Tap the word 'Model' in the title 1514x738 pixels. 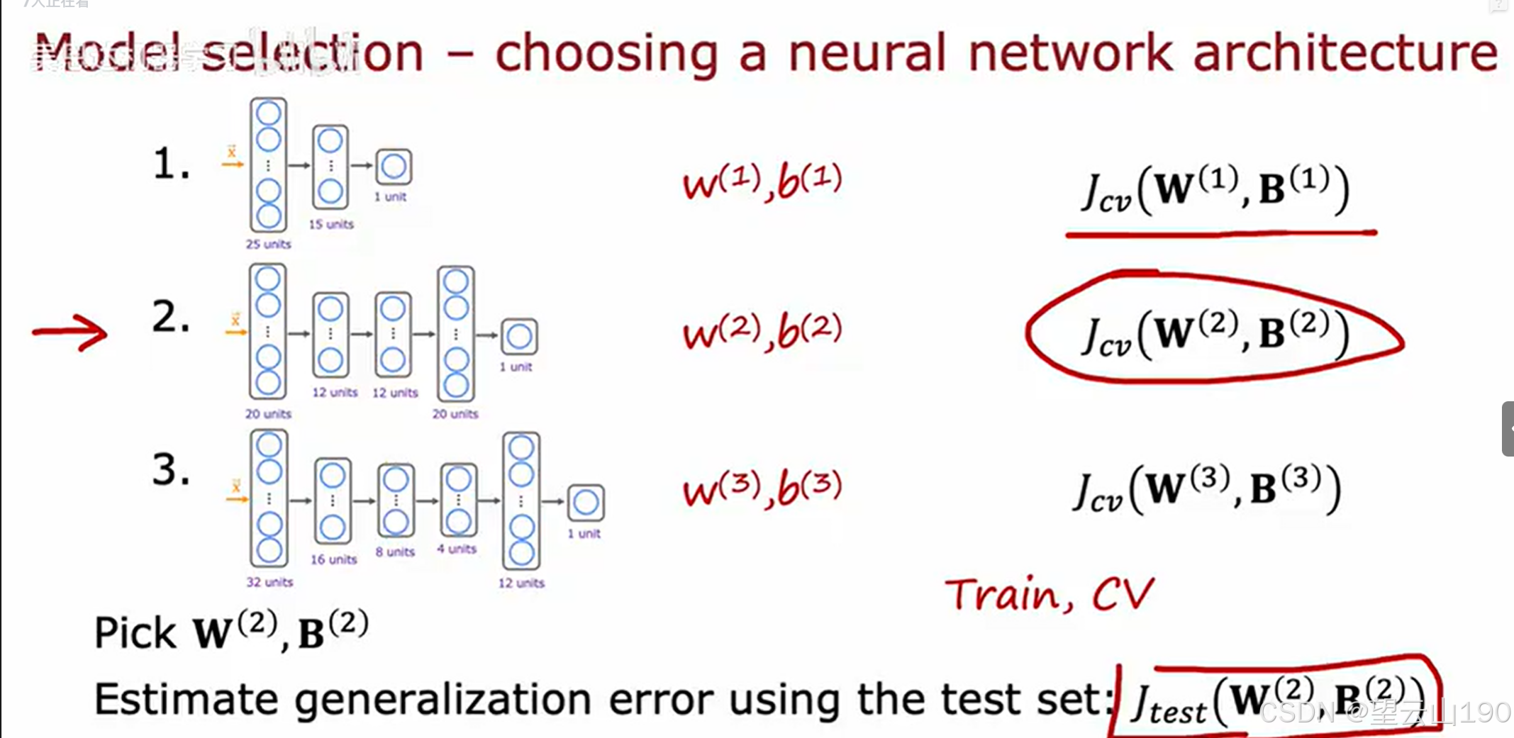[106, 53]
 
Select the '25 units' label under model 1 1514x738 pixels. [268, 244]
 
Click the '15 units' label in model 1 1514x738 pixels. [330, 224]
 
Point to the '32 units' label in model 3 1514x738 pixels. [269, 582]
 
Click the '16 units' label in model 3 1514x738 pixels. [333, 559]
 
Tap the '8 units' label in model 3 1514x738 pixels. [395, 552]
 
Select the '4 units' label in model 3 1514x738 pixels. [457, 549]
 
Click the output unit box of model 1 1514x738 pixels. [394, 167]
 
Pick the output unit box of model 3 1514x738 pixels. [586, 503]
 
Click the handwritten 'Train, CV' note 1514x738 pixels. [1050, 594]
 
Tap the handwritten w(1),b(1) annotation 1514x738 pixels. [762, 182]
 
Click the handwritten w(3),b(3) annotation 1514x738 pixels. [762, 488]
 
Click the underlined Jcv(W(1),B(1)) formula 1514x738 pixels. [1214, 190]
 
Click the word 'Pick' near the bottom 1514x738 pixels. [135, 633]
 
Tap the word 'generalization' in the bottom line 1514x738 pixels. [442, 700]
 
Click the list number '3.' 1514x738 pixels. [171, 470]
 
